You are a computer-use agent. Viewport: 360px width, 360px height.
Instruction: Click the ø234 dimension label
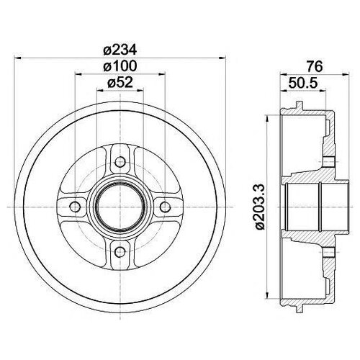pos(120,49)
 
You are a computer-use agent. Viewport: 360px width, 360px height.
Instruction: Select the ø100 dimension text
pos(120,66)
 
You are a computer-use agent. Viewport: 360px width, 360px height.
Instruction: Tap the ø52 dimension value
pos(120,84)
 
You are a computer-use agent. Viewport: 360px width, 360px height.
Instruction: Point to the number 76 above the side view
pos(311,66)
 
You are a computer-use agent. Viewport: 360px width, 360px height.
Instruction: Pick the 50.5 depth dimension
pos(302,84)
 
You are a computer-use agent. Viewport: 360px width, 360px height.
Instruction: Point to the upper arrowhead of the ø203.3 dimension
pos(271,117)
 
